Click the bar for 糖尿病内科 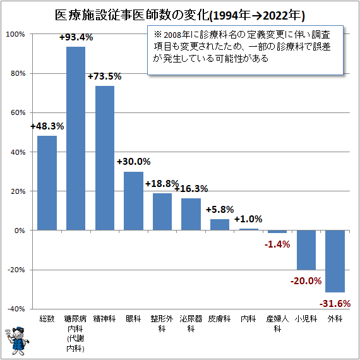click(76, 138)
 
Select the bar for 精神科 click(105, 158)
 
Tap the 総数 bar click(47, 183)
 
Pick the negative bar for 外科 click(335, 261)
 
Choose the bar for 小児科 click(306, 250)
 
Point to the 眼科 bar click(133, 201)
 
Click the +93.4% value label click(76, 37)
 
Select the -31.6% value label click(335, 304)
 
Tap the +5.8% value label click(220, 209)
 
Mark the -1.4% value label click(277, 244)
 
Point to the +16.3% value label click(191, 188)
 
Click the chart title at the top click(180, 14)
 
